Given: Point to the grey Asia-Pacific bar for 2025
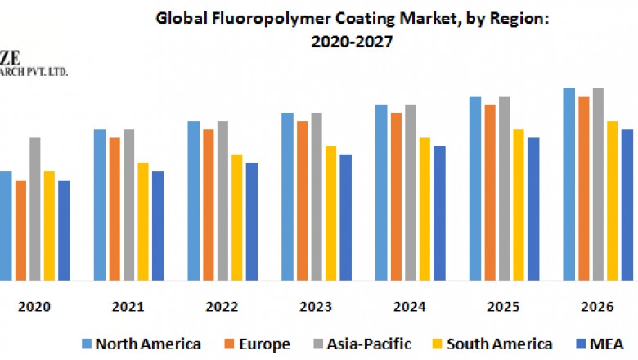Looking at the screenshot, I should point(504,188).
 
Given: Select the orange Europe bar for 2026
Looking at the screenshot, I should point(584,188).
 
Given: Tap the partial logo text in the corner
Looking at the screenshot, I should point(33,65).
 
